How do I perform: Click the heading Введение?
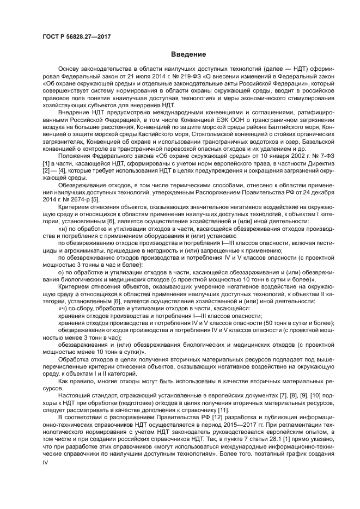click(188, 54)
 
